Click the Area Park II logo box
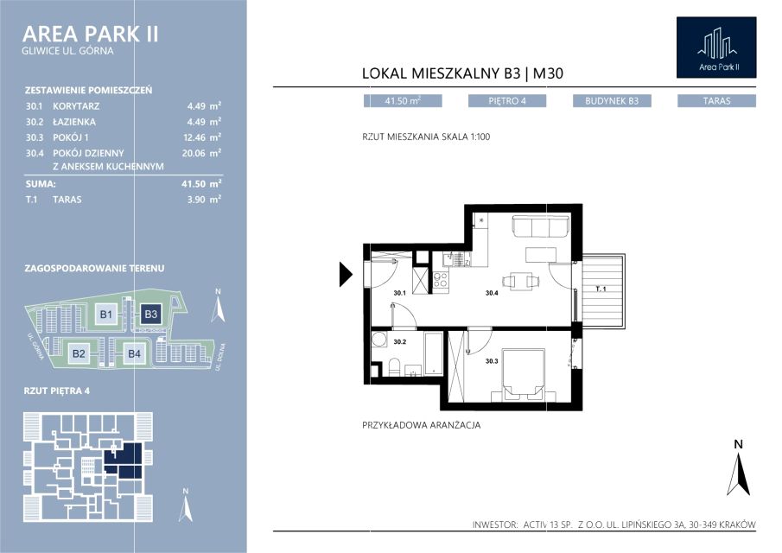point(716,48)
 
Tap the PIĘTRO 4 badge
point(507,101)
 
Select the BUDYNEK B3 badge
point(612,101)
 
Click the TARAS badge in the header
point(716,101)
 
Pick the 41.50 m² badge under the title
point(403,101)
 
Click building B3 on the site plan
point(150,315)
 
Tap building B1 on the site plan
point(105,315)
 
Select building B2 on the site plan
point(79,353)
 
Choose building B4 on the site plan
point(134,353)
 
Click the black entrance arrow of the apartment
point(346,274)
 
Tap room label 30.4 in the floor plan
point(492,293)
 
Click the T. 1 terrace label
point(601,289)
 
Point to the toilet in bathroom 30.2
point(395,366)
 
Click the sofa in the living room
point(541,227)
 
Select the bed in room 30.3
point(523,374)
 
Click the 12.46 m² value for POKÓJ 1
point(201,137)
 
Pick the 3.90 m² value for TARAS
point(204,200)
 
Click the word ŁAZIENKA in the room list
point(74,122)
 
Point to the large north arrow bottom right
point(739,469)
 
